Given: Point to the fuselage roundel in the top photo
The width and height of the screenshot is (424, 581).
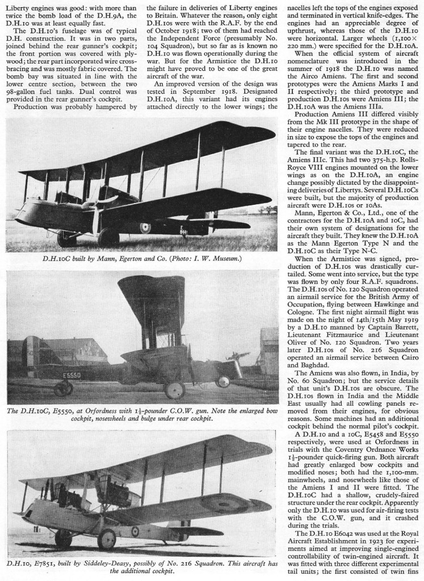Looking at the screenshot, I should [145, 228].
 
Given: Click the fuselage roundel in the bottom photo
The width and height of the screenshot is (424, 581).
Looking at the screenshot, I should [135, 532].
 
